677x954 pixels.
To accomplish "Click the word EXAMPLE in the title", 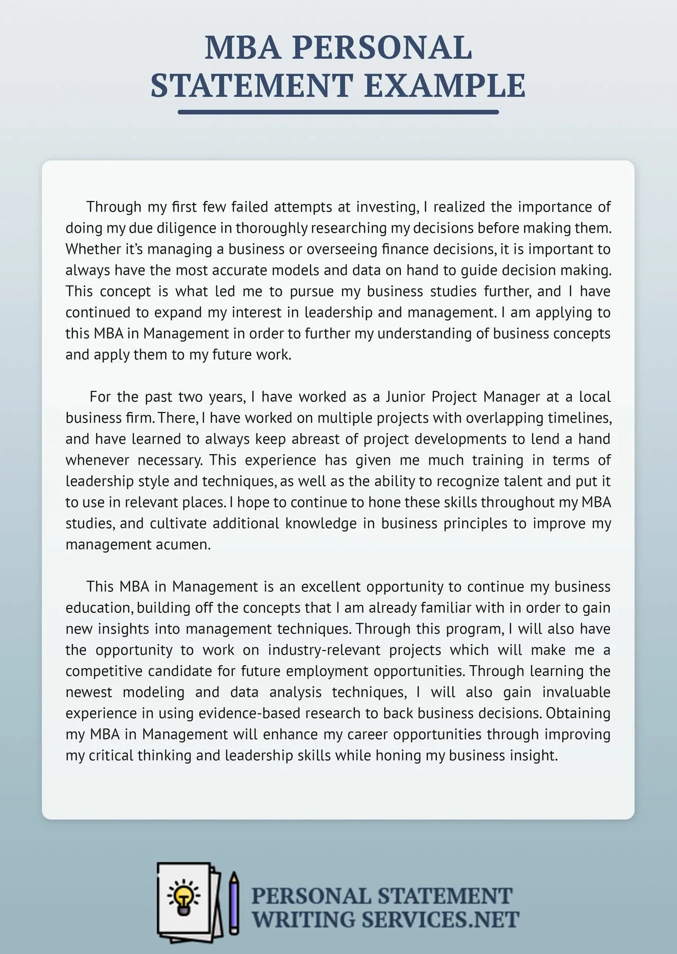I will (x=445, y=86).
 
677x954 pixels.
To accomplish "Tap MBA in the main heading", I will (x=242, y=48).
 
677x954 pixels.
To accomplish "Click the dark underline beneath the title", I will (x=338, y=112).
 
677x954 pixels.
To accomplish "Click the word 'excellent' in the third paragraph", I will (x=331, y=586).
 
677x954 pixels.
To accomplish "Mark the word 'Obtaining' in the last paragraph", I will (x=578, y=713).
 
